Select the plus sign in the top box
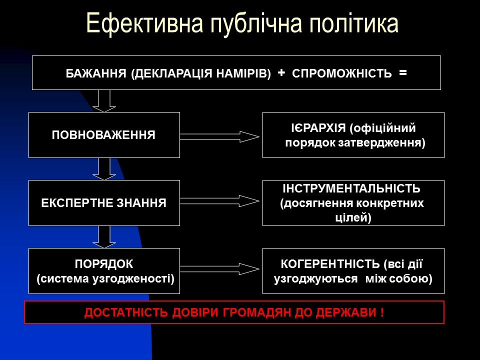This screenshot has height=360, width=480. tap(281, 73)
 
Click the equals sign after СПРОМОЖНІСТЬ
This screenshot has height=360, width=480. tap(402, 73)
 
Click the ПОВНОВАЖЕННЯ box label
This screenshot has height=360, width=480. tap(103, 135)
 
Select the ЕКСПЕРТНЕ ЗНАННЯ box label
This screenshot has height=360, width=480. tap(103, 203)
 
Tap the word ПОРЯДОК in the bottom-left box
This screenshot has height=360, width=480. tap(104, 264)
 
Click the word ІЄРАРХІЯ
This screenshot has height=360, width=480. tap(318, 128)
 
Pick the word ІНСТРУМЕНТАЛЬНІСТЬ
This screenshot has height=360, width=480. tap(352, 189)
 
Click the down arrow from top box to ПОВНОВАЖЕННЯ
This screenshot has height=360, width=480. tap(104, 100)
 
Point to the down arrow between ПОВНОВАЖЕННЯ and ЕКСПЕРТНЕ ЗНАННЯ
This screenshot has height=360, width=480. tap(104, 168)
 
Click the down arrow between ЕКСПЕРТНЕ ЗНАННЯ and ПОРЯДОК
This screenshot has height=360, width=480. tap(104, 236)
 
